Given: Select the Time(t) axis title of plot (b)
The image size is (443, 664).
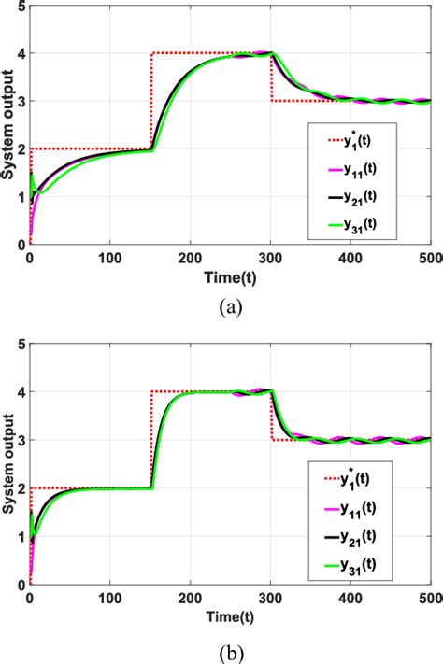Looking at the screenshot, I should (230, 617).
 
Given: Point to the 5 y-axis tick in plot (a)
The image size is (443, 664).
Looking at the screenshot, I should (20, 6).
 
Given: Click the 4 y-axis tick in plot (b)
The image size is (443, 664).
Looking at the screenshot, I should (20, 393).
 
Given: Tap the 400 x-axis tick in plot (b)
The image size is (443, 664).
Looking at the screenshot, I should (350, 599).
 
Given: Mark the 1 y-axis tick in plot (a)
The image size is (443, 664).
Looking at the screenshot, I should (20, 197).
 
